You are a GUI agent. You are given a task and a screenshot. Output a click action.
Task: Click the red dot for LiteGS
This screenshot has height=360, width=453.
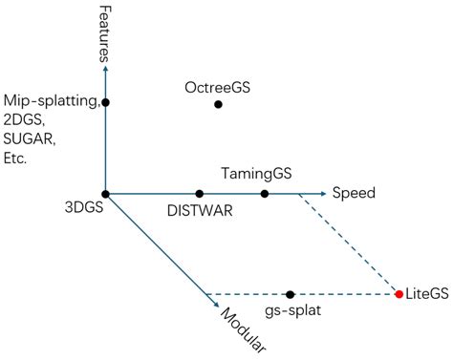tap(399, 293)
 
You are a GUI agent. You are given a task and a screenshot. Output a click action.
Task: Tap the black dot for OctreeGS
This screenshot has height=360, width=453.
tap(218, 104)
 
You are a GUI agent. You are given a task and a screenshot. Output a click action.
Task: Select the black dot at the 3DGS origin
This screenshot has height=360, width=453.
tap(105, 194)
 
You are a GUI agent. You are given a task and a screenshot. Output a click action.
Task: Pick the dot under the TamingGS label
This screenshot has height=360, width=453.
tap(265, 194)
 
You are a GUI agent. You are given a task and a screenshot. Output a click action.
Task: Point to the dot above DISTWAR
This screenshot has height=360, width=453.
tap(199, 194)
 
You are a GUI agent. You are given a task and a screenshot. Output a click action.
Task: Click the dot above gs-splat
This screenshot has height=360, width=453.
tap(290, 293)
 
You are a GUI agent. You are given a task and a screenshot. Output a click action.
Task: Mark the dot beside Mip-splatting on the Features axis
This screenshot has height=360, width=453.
tap(105, 102)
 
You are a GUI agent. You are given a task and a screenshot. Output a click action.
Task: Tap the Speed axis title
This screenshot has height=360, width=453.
tap(354, 194)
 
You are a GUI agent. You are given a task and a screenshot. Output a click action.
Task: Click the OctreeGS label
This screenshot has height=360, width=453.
tap(218, 88)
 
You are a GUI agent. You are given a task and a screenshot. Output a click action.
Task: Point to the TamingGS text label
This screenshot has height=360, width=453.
tap(255, 175)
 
